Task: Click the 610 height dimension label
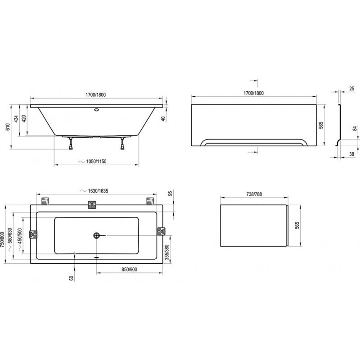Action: click(x=8, y=127)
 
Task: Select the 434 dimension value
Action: click(x=16, y=119)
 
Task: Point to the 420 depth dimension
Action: click(x=24, y=118)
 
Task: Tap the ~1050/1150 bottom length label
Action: click(x=93, y=162)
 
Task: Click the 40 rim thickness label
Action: click(x=163, y=119)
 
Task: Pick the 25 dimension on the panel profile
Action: click(x=352, y=88)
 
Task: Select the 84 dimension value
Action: click(x=355, y=129)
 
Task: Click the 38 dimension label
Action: click(x=352, y=154)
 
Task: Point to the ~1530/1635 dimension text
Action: click(x=94, y=191)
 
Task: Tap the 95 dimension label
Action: click(x=171, y=193)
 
